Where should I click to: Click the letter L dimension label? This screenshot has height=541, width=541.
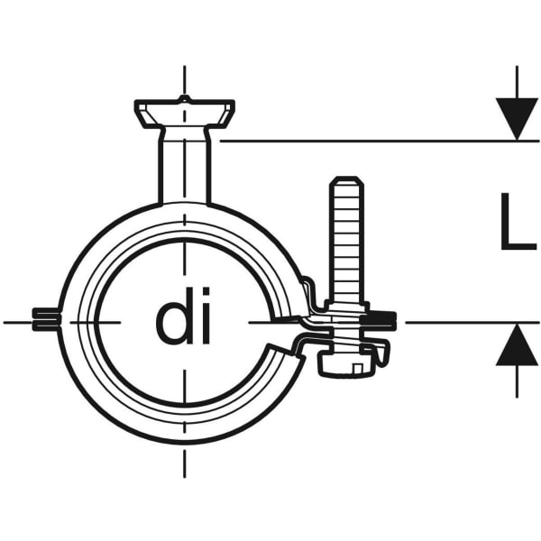tap(518, 221)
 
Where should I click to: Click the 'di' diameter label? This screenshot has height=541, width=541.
tap(183, 316)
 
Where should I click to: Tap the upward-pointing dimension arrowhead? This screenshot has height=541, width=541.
tap(517, 344)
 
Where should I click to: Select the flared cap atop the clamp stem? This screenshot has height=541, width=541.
tap(185, 114)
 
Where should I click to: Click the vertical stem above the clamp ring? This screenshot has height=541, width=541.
tap(185, 166)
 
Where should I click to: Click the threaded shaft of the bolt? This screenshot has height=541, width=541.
tap(347, 242)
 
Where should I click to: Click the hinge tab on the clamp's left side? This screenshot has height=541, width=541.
tap(46, 319)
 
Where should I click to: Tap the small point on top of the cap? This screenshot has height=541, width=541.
tap(185, 98)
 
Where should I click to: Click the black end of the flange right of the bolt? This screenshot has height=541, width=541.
tap(379, 318)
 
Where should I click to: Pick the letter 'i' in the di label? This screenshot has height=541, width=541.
tap(206, 316)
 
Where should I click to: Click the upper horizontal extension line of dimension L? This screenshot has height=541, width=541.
tap(380, 141)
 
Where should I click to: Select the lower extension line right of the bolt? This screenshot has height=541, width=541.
tap(472, 323)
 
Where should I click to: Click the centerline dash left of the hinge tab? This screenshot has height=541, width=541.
tap(18, 323)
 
